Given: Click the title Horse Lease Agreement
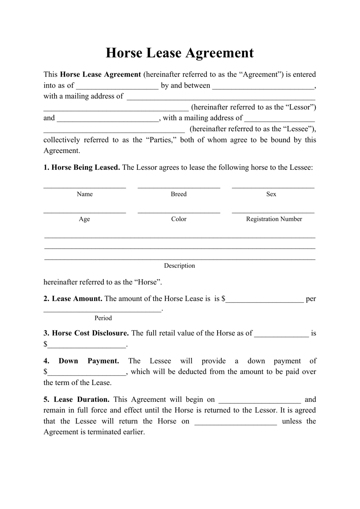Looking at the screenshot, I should [x=180, y=53].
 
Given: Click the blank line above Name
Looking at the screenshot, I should [x=85, y=186].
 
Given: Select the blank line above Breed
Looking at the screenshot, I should [x=179, y=186].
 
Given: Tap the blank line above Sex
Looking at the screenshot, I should [x=273, y=186].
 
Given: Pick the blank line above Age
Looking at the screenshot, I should [x=85, y=212].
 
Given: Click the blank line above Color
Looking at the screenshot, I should [x=179, y=212].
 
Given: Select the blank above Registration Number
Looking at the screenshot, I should [x=273, y=212].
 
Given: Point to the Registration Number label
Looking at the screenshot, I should [x=274, y=219].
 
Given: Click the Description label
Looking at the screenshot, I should [x=179, y=266].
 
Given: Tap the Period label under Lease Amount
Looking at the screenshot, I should [x=103, y=318].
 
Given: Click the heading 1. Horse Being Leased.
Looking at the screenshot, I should [x=82, y=168].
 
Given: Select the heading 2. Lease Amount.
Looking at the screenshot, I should [x=73, y=299].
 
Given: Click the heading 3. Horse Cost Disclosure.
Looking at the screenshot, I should [x=86, y=333].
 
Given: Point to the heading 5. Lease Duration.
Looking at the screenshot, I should [x=77, y=399].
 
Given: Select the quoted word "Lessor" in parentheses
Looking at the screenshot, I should [x=303, y=107].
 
